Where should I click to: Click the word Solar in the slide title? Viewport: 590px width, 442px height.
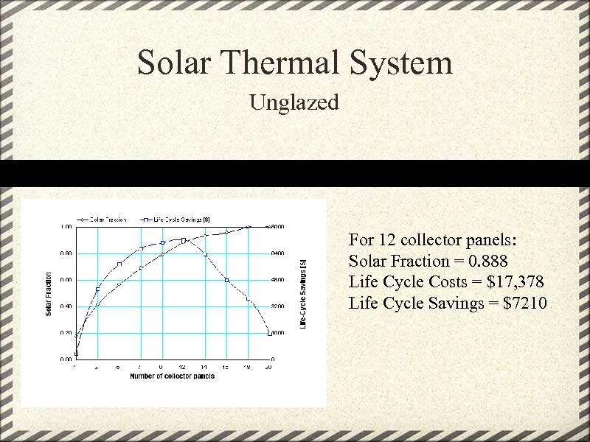(x=174, y=63)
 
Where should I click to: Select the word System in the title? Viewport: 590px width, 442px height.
(x=402, y=63)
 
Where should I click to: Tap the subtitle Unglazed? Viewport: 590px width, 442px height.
(x=294, y=102)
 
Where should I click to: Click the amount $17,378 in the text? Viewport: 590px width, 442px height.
(x=510, y=281)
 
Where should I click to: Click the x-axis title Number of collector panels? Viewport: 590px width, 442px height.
(x=172, y=376)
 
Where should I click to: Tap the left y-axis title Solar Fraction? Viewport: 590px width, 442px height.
(x=49, y=293)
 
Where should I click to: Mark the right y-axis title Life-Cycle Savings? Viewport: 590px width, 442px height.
(x=302, y=293)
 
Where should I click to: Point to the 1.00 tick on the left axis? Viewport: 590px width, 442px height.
(x=66, y=227)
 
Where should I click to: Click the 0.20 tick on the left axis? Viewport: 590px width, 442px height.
(x=66, y=333)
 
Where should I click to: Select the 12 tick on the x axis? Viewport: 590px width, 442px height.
(x=183, y=366)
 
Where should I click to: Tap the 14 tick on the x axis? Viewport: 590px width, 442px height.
(x=205, y=366)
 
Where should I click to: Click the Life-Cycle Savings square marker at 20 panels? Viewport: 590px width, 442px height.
(x=269, y=334)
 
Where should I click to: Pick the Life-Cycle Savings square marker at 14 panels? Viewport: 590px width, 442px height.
(x=205, y=255)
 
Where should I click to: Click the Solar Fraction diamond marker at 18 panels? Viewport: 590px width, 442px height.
(x=248, y=228)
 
